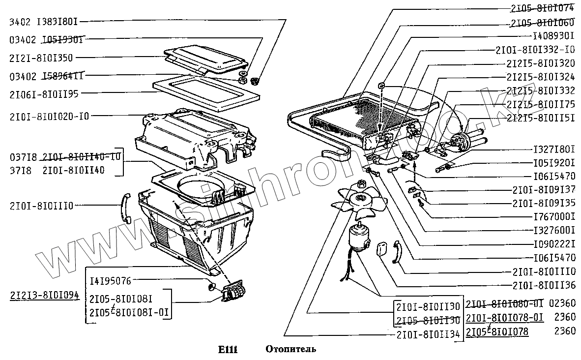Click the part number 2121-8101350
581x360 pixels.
point(41,58)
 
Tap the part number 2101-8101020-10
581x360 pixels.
point(49,116)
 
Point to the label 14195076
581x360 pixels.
point(110,281)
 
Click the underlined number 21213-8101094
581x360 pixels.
point(44,296)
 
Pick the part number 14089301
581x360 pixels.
point(554,36)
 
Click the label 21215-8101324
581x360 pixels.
point(541,77)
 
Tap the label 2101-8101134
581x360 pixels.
point(428,335)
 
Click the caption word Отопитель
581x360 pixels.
point(291,350)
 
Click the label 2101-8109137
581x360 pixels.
point(544,190)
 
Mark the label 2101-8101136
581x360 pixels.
point(544,285)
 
